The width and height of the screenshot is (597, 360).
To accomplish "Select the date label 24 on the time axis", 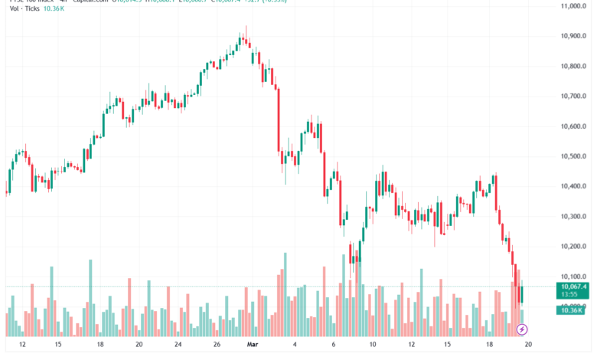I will point(178,345).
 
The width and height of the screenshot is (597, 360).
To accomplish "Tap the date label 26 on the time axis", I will point(217,345).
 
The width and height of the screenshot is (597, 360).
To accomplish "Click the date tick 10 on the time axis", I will point(373,345).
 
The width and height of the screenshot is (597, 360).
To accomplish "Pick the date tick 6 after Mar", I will point(334,345).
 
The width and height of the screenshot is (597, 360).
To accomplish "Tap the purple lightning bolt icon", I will point(522,329).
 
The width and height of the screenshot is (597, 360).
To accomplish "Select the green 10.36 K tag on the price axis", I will point(571,309).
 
